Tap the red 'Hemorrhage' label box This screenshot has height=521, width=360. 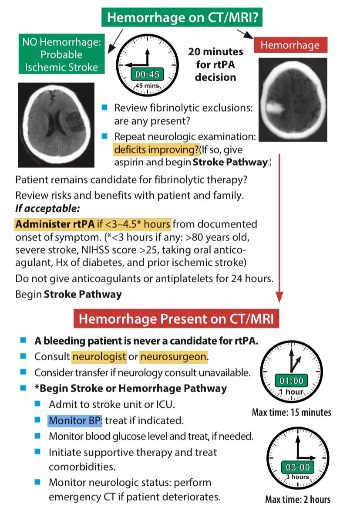pos(290,45)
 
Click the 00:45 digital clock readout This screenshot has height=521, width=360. pos(147,74)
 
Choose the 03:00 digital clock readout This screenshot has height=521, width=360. pos(297,467)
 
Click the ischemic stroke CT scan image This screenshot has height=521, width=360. pos(56,125)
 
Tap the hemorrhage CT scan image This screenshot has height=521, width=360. pos(293,94)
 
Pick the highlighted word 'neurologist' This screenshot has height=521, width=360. pos(99,357)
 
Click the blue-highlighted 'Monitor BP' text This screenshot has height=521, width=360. pos(74,421)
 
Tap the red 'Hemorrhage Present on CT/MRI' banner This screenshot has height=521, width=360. pos(176,319)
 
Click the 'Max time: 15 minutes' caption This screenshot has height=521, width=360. pos(292,412)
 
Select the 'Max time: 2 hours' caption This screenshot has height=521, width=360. pos(298,499)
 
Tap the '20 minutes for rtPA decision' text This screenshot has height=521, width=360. pos(215,64)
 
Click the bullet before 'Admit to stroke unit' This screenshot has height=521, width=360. pos(38,404)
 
